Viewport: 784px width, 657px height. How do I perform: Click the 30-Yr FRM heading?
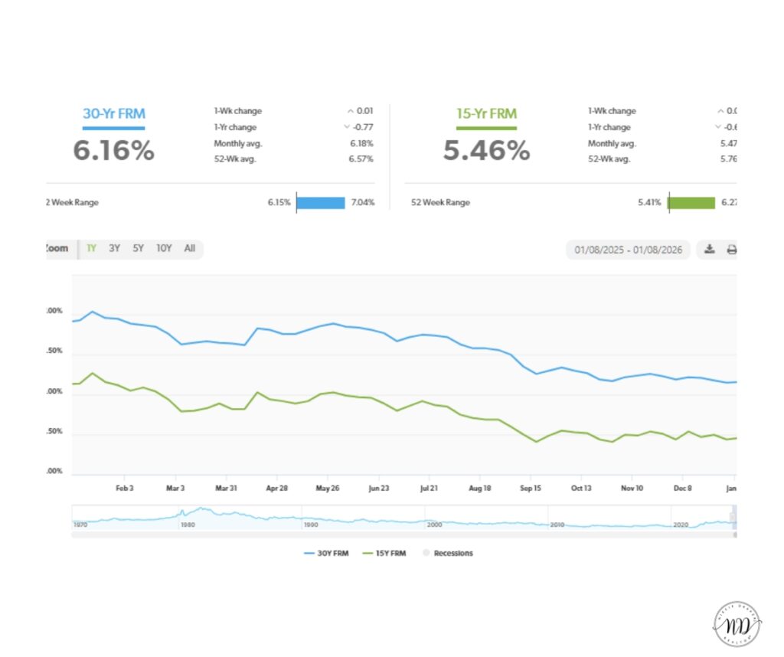click(x=113, y=114)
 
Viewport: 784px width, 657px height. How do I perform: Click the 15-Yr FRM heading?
click(x=486, y=114)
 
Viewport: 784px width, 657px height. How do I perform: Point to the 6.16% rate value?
click(x=113, y=151)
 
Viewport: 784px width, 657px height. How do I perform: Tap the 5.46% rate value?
click(x=486, y=151)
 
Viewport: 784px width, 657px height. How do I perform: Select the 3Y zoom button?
click(x=114, y=248)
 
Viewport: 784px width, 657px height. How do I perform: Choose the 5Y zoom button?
click(x=138, y=248)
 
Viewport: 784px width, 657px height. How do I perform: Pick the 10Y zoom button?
click(x=164, y=248)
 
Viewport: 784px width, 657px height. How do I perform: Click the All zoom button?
click(x=190, y=248)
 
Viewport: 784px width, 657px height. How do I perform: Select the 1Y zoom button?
click(x=91, y=248)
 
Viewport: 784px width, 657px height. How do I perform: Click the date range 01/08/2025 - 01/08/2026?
click(x=628, y=250)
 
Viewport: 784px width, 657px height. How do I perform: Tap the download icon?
click(x=710, y=249)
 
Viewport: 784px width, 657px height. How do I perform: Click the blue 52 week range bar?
click(x=321, y=203)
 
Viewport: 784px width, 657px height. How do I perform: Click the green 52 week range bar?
click(x=691, y=203)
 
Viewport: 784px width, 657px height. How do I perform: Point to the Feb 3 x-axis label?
click(x=125, y=488)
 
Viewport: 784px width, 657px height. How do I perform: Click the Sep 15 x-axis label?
click(x=531, y=488)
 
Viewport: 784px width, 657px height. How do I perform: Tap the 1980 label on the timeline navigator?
click(x=186, y=525)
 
